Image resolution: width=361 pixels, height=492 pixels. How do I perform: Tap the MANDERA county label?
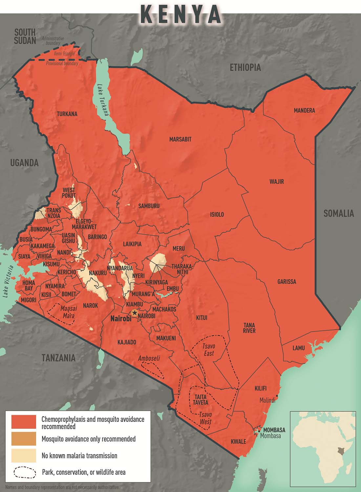pyautogui.click(x=304, y=111)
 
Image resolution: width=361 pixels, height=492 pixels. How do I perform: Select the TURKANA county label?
pyautogui.click(x=67, y=114)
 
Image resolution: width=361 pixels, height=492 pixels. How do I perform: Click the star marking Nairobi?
pyautogui.click(x=134, y=313)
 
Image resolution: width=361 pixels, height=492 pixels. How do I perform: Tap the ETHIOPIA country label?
pyautogui.click(x=245, y=68)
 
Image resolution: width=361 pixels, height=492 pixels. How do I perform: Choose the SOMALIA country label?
pyautogui.click(x=338, y=214)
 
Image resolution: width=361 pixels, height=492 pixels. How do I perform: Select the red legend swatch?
pyautogui.click(x=24, y=422)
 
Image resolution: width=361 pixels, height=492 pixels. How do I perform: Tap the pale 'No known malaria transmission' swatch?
pyautogui.click(x=24, y=456)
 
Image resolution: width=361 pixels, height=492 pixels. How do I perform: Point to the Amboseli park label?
pyautogui.click(x=149, y=359)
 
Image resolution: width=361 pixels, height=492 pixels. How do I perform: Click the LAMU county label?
pyautogui.click(x=298, y=348)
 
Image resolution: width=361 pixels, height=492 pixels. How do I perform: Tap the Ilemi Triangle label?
pyautogui.click(x=64, y=53)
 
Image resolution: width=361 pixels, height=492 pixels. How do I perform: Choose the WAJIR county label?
pyautogui.click(x=276, y=182)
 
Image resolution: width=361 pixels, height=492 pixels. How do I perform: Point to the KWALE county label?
pyautogui.click(x=238, y=441)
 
